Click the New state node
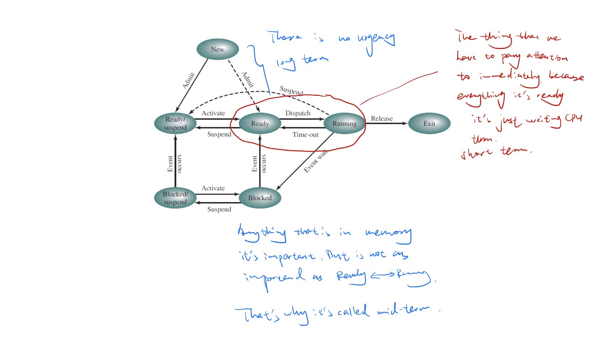(x=218, y=49)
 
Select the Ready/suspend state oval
(x=175, y=123)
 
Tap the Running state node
(x=344, y=123)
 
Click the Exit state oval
(x=429, y=123)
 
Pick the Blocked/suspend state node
(x=175, y=198)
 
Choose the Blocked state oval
(x=260, y=198)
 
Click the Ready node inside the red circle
(x=260, y=123)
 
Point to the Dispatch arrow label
(x=298, y=113)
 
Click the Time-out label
(x=305, y=134)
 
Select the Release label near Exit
(x=382, y=118)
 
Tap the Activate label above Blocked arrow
(x=213, y=188)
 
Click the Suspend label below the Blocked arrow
(x=219, y=209)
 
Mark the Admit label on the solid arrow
(x=188, y=80)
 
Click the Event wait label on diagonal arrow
(x=315, y=162)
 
